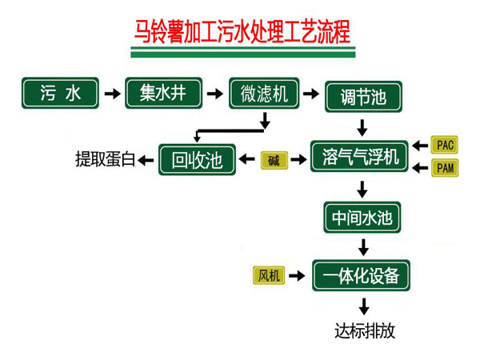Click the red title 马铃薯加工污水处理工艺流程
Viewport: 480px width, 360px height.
(240, 34)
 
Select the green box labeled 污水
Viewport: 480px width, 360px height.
(61, 93)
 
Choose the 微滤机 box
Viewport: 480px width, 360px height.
(264, 94)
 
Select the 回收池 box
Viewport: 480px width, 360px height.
(197, 159)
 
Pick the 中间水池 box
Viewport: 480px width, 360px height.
(362, 217)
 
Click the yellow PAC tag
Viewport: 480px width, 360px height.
(445, 145)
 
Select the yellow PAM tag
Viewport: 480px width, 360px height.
(445, 168)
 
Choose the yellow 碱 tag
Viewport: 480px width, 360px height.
(274, 160)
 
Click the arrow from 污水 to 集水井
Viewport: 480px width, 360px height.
(113, 94)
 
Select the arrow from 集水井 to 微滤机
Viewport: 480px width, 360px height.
(214, 94)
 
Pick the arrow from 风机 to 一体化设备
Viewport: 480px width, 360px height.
(297, 276)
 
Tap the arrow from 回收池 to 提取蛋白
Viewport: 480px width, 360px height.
(147, 160)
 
